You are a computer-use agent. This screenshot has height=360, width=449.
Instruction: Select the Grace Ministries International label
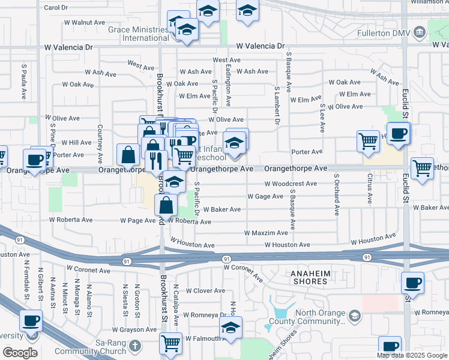point(138,33)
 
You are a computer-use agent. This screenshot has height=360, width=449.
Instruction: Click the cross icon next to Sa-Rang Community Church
point(135,346)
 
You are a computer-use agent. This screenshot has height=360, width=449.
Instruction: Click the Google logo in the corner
point(20,352)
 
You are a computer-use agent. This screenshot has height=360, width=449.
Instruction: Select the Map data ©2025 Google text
point(412,355)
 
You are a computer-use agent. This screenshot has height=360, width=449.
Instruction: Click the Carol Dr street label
point(55,8)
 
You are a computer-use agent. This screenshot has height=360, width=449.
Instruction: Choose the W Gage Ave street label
point(265,196)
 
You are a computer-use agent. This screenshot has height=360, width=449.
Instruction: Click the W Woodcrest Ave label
point(291,184)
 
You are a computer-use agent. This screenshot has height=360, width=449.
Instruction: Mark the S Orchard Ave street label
point(336,194)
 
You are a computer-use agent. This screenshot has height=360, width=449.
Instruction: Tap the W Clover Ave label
point(205,290)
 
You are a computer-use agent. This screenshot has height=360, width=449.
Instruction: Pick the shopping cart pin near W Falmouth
point(171,344)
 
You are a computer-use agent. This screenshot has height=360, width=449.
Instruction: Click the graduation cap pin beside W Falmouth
point(231,327)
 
